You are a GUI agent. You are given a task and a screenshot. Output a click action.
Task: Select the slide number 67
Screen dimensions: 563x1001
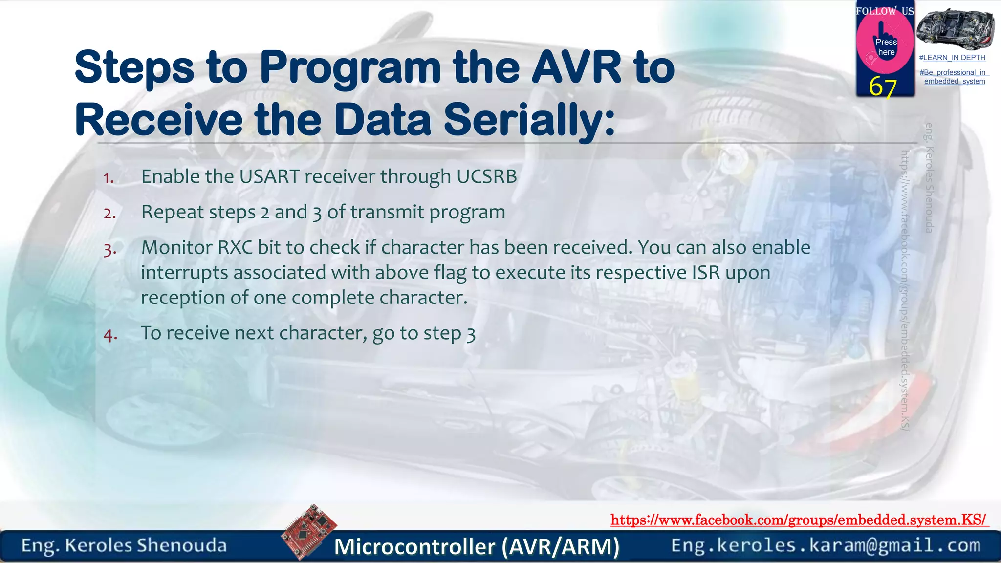pyautogui.click(x=882, y=87)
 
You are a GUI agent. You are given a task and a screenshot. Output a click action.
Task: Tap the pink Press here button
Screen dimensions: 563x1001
pyautogui.click(x=885, y=46)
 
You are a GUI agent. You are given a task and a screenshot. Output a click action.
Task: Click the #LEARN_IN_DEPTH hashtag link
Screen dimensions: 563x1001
pyautogui.click(x=952, y=58)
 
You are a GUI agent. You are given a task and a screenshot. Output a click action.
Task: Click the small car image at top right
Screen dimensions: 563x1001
pyautogui.click(x=955, y=28)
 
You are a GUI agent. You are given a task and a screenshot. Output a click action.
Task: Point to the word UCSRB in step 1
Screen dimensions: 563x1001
pyautogui.click(x=486, y=176)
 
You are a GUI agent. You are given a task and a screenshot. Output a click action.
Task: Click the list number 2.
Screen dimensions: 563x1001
pyautogui.click(x=110, y=214)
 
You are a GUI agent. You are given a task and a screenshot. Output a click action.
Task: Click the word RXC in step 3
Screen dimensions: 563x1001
pyautogui.click(x=235, y=247)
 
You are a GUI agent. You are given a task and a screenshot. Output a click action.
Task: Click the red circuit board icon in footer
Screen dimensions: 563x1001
pyautogui.click(x=309, y=532)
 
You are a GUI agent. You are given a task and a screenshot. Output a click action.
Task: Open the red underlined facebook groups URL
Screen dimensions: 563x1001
pyautogui.click(x=799, y=520)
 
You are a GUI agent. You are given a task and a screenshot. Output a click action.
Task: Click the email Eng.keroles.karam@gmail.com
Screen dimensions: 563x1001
pyautogui.click(x=826, y=545)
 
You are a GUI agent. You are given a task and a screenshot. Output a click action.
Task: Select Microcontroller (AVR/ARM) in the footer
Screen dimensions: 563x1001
pyautogui.click(x=477, y=546)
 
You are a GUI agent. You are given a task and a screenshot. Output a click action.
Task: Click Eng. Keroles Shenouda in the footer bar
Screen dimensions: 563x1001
pyautogui.click(x=124, y=545)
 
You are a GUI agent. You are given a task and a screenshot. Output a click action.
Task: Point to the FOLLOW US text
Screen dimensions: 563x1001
pyautogui.click(x=885, y=11)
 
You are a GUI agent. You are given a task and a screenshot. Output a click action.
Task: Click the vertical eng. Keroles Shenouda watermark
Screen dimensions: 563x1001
pyautogui.click(x=929, y=177)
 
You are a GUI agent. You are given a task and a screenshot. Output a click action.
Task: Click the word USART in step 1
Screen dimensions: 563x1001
pyautogui.click(x=269, y=176)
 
